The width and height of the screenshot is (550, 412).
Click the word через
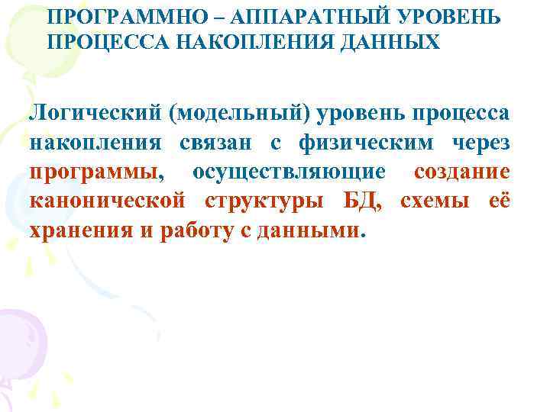pos(477,142)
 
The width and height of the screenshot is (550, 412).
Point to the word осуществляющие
pos(295,172)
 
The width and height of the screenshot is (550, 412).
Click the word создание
pos(461,172)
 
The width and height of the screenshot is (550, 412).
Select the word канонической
pos(108,201)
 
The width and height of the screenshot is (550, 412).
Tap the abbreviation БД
pos(360,201)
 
